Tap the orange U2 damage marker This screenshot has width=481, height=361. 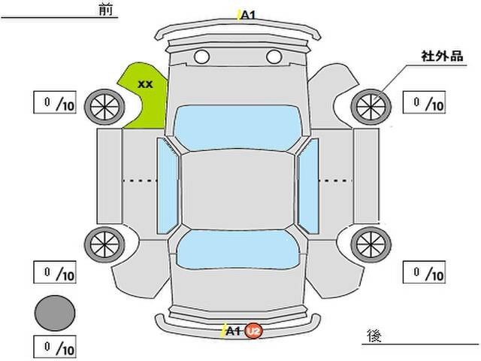(x=254, y=332)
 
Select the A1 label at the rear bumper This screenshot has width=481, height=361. (x=233, y=331)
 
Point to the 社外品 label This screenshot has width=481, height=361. (x=442, y=56)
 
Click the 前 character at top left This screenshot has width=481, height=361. (x=106, y=10)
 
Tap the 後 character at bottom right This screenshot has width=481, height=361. (x=374, y=336)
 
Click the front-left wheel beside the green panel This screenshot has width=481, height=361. (x=104, y=107)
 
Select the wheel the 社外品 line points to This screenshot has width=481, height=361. (x=371, y=107)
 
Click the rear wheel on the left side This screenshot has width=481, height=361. (x=104, y=244)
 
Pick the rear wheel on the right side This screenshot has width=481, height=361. (x=371, y=244)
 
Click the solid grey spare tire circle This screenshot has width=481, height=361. (x=55, y=313)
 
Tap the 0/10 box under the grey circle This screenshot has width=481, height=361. (x=55, y=347)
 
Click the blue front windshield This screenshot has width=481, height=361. (x=238, y=128)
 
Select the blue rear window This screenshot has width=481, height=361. (x=238, y=250)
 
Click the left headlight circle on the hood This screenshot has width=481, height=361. (x=202, y=57)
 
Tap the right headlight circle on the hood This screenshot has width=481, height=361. (x=274, y=57)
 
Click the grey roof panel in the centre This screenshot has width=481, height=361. (x=237, y=190)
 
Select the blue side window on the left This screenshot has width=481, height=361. (x=167, y=186)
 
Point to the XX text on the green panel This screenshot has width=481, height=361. (x=145, y=84)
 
